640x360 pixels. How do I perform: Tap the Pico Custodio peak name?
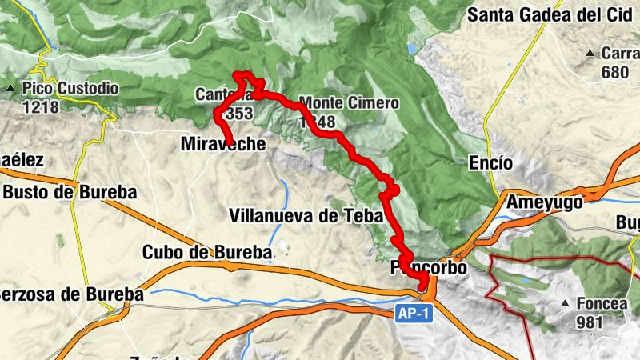[x=71, y=88]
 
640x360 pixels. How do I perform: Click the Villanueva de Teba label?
[x=306, y=215]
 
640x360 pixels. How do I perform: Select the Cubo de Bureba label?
[x=206, y=252]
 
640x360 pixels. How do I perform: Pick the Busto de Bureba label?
[x=70, y=193]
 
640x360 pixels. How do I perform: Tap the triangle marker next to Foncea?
[x=566, y=304]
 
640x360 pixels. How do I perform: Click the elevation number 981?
[x=590, y=322]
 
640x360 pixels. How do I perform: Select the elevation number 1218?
[x=40, y=106]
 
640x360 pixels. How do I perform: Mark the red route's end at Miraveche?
[x=230, y=143]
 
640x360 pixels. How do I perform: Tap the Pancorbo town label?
[x=429, y=268]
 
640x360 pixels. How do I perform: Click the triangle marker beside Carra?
[x=590, y=54]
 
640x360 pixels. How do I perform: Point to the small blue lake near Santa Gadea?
[x=411, y=49]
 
